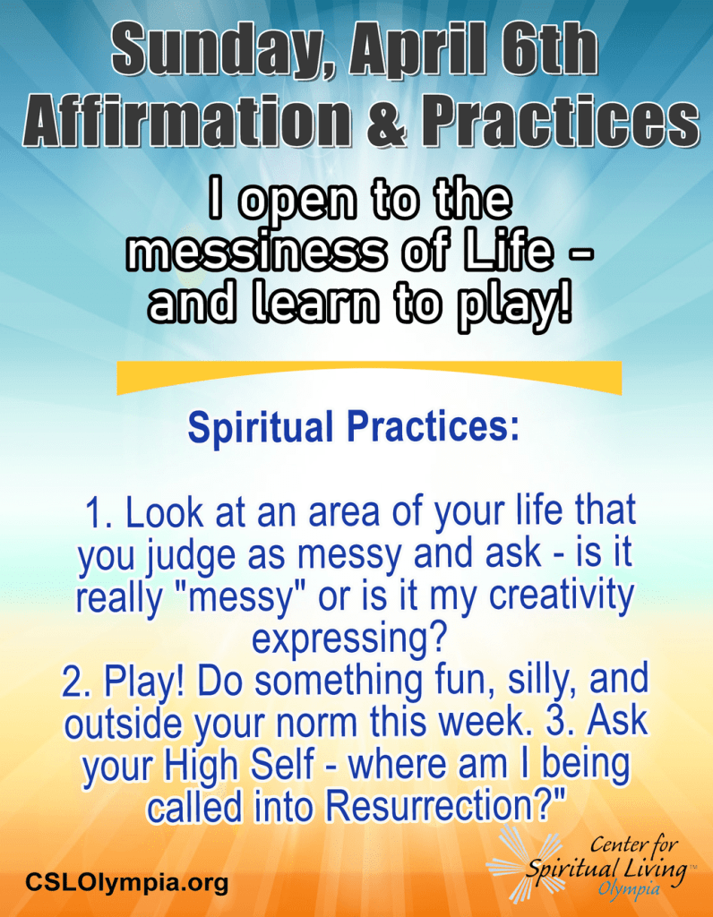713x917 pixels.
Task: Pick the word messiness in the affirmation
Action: coord(257,253)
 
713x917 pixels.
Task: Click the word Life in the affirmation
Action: coord(512,251)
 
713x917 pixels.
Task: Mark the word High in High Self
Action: coord(193,766)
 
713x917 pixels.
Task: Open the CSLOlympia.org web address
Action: coord(126,881)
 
